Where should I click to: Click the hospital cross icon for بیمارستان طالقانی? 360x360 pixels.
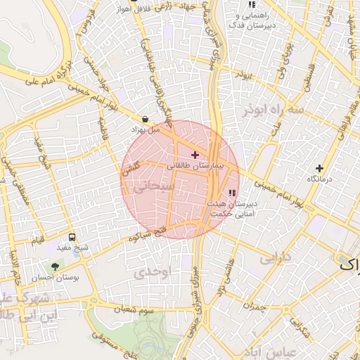pyautogui.click(x=195, y=155)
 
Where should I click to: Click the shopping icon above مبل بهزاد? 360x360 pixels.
pyautogui.click(x=145, y=120)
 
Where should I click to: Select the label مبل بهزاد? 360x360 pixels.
pyautogui.click(x=146, y=130)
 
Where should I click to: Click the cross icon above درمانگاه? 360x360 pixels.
pyautogui.click(x=320, y=168)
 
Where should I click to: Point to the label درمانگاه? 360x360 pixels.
pyautogui.click(x=321, y=180)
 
